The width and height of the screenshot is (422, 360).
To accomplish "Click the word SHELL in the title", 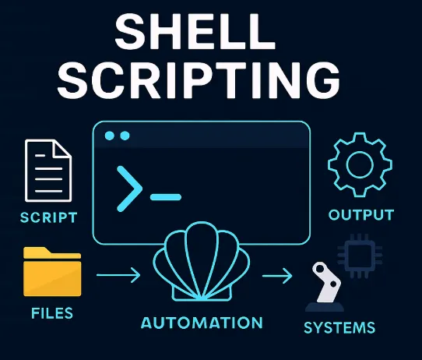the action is click(195, 31).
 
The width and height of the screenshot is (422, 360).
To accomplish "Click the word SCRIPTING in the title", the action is click(199, 79).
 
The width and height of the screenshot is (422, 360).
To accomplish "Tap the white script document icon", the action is click(48, 171).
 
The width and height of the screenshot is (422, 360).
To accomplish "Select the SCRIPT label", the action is click(49, 217).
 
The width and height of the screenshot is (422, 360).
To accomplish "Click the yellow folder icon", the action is click(52, 272).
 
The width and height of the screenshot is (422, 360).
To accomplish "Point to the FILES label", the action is click(52, 313).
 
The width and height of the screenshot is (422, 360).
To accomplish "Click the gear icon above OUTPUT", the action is click(360, 164).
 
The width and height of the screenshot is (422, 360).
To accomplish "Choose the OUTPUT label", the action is click(361, 215).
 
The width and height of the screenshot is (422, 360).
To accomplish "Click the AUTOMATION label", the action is click(202, 323).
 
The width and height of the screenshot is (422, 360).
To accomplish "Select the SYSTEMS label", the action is click(339, 327).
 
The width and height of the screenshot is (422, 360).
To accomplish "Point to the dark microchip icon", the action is click(360, 256).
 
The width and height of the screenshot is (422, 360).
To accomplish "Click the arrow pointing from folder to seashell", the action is click(118, 275).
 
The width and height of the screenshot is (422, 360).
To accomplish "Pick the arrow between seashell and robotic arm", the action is click(277, 276).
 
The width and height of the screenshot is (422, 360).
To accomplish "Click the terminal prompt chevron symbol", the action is click(129, 189).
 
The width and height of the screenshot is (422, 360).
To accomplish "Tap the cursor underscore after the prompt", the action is click(166, 197).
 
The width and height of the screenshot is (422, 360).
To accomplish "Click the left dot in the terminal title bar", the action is click(110, 136).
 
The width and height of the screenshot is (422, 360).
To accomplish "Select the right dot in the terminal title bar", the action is click(125, 136).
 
